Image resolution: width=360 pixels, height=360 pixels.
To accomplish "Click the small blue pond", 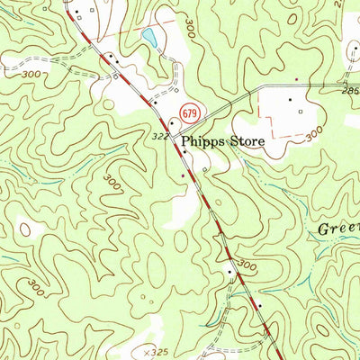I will (149, 37).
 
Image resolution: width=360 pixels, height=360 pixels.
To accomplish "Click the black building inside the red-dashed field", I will (290, 99).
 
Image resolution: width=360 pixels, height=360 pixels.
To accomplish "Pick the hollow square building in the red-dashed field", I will (301, 111).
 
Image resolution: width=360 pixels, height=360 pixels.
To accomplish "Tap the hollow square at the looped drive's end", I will (204, 168).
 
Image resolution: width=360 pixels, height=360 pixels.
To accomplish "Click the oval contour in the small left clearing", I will (24, 229).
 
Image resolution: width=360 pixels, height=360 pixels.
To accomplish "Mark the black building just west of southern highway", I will (230, 270).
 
